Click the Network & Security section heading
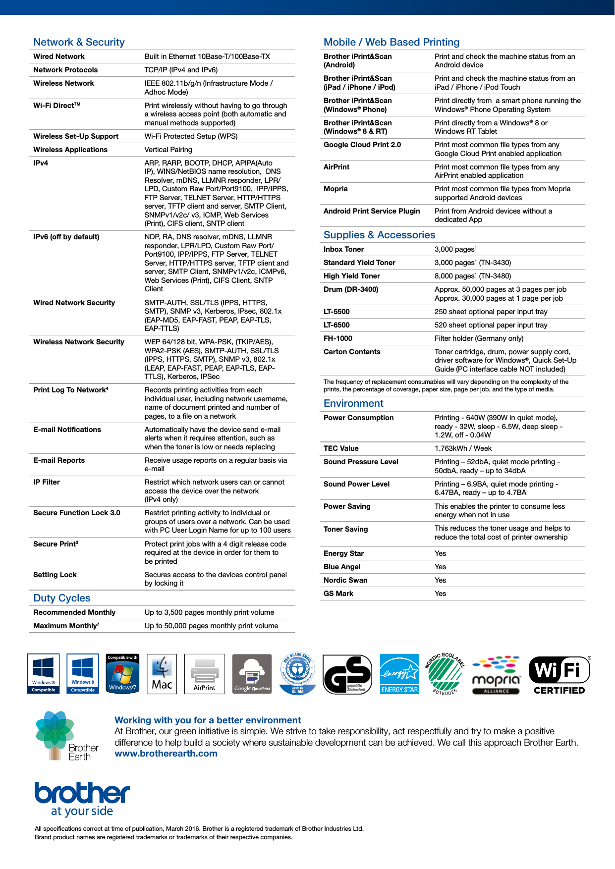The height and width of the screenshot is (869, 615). click(79, 42)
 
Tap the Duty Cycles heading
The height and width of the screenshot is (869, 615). click(61, 598)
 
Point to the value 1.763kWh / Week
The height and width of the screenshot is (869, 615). click(463, 448)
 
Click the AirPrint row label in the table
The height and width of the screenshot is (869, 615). click(336, 167)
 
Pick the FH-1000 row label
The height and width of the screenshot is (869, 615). click(337, 338)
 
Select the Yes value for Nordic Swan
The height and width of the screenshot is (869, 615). click(440, 580)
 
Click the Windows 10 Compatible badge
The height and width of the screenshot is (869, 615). click(44, 673)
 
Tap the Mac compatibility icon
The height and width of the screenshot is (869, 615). click(162, 674)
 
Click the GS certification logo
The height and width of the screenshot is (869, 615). click(347, 674)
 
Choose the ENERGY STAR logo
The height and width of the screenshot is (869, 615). click(399, 674)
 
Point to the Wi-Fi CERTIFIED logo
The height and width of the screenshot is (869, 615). click(559, 675)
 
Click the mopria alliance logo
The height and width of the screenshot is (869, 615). click(496, 675)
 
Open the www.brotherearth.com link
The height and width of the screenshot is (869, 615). click(166, 754)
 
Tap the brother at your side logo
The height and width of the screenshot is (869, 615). click(82, 798)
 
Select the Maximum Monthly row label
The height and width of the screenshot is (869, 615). click(66, 626)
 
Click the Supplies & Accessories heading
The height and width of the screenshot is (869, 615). click(379, 235)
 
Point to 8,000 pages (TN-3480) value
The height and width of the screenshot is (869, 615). click(472, 276)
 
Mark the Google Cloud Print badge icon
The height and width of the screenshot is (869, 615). click(252, 674)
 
